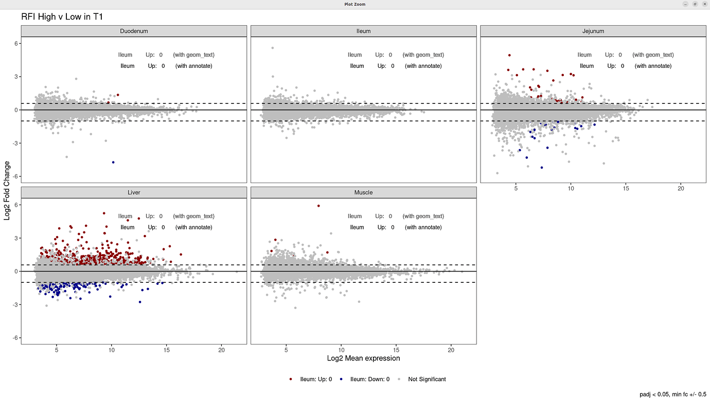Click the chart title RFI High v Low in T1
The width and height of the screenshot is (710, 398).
62,17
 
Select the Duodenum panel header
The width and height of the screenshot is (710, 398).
134,31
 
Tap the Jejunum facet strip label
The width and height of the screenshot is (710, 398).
593,31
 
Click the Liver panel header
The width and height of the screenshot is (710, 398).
134,192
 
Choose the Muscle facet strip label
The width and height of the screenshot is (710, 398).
363,192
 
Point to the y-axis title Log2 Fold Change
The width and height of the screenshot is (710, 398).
7,190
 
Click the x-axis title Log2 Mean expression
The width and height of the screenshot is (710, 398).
363,358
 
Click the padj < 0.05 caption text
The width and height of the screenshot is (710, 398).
672,394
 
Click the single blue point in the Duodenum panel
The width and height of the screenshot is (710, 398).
113,162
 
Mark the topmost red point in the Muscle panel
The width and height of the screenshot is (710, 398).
318,206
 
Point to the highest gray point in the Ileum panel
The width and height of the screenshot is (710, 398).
272,48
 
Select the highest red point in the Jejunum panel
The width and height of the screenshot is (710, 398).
509,55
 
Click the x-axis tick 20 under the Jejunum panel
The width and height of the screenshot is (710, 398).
680,189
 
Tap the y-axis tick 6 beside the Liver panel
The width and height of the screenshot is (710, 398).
16,205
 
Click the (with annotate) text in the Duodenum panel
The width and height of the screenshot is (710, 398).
193,66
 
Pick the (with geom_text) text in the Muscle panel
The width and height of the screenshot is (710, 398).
423,216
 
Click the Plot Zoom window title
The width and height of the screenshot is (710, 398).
355,4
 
